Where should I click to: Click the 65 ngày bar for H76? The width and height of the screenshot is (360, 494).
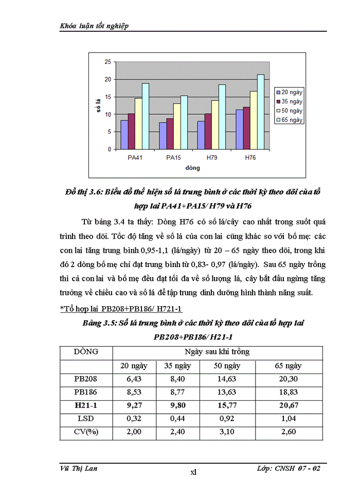(x=261, y=112)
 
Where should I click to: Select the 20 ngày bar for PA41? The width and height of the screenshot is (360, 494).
(x=124, y=134)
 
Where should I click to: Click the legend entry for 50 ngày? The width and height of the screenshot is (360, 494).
(x=289, y=110)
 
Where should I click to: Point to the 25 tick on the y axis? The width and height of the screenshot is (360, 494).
(x=107, y=62)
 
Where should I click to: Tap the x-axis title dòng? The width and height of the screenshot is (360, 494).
(x=192, y=168)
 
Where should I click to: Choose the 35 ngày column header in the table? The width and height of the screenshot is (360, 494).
(x=177, y=366)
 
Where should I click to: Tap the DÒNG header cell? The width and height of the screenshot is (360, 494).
(x=86, y=352)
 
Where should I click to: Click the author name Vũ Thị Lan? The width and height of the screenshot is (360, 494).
(x=78, y=468)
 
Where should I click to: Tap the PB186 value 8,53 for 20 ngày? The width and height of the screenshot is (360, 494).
(x=134, y=392)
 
